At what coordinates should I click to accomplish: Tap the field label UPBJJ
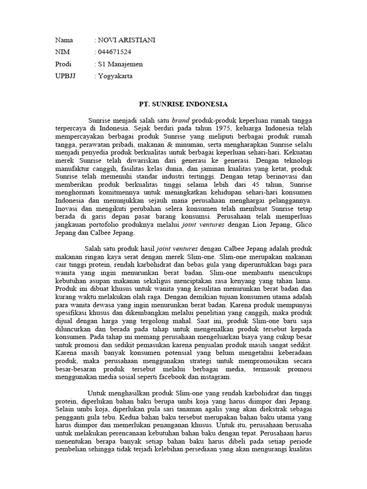point(65,75)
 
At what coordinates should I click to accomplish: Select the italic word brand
point(181,120)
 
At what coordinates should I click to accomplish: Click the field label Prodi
point(64,64)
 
